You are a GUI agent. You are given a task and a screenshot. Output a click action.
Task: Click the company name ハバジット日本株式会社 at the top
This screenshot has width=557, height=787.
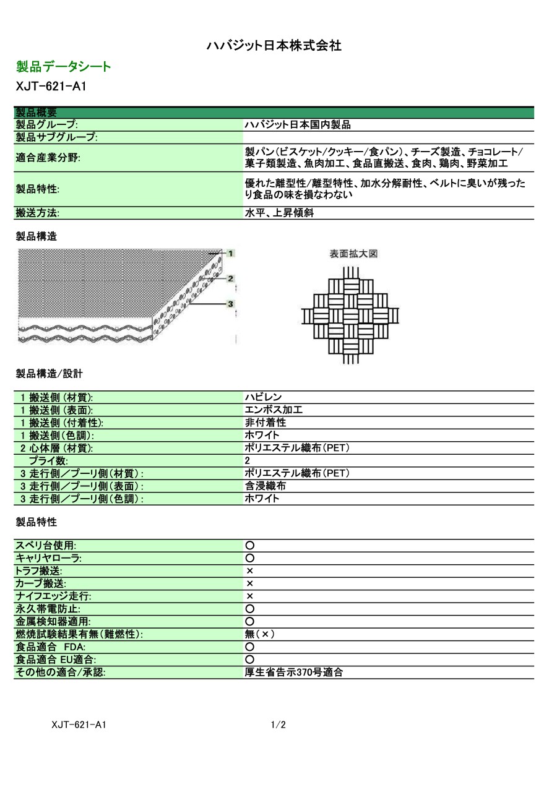point(274,45)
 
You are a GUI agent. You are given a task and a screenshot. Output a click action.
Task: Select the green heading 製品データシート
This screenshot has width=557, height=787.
point(64,67)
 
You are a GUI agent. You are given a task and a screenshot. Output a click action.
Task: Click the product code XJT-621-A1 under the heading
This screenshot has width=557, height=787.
point(51,87)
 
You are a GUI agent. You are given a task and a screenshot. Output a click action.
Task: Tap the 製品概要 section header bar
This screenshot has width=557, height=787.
point(273,112)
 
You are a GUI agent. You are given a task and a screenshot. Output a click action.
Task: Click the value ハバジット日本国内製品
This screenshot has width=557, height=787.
point(298,125)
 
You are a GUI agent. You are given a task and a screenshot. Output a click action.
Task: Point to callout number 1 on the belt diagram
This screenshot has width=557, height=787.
point(230,253)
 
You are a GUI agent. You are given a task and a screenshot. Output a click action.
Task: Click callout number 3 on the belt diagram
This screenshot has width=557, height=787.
point(230,304)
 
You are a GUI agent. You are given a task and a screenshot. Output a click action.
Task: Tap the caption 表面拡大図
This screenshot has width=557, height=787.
point(353,254)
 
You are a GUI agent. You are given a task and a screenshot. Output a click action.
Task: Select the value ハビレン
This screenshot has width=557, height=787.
point(264,397)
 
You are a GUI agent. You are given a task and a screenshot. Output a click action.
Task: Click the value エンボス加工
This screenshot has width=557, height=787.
point(274,410)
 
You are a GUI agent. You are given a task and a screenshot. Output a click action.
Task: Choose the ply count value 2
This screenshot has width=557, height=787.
point(248,461)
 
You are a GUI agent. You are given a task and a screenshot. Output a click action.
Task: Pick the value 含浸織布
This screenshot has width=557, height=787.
point(266,486)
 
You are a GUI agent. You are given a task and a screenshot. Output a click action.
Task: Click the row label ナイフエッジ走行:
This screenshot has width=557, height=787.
point(53,596)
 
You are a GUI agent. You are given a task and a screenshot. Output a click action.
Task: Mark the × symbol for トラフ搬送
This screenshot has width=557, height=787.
point(250,571)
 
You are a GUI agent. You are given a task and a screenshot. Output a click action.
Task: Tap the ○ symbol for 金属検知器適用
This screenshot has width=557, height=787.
point(250,621)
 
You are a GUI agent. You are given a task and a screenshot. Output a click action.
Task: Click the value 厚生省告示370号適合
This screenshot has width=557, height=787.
point(294,672)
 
